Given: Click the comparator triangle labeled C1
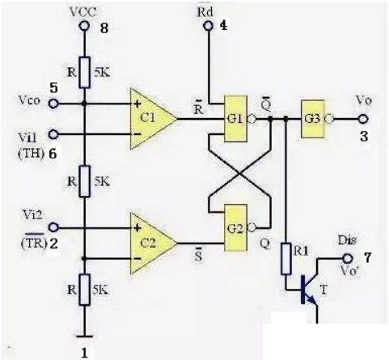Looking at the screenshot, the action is pos(151,119).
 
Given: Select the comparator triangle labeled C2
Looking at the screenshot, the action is pos(151,244).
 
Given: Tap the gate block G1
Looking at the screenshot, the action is pos(235,119).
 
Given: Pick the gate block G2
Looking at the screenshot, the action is pos(235,228).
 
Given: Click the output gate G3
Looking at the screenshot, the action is pos(313,119).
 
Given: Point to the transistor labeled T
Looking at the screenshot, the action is pos(310,290).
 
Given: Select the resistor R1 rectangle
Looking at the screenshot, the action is pos(286,259).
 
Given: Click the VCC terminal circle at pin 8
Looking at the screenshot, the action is pos(84,26).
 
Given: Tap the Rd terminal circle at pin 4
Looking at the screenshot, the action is pos(208,26).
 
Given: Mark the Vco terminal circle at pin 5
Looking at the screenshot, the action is pos(53,104).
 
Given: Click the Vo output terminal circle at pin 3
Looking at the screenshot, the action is pos(363,119).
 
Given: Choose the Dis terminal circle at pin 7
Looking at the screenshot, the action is pos(348,258).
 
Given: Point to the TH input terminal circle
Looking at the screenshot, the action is pos(53,134).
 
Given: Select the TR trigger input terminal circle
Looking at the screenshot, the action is pos(53,227).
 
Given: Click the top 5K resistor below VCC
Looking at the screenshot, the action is pos(84,72).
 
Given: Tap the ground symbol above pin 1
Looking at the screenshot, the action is pos(84,337).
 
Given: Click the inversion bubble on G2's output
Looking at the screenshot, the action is pos(252,228).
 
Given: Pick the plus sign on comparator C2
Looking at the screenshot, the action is pos(137,228).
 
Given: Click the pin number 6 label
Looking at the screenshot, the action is pos(53,154).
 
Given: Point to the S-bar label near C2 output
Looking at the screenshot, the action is pos(198,256).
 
